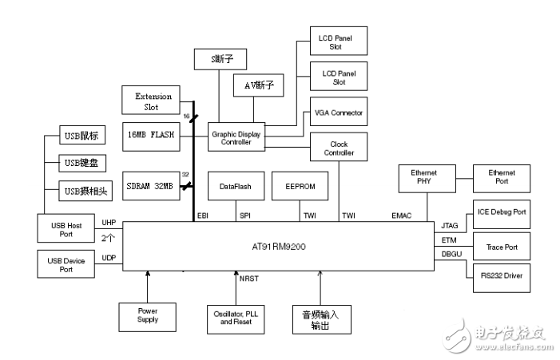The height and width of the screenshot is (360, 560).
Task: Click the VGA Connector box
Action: click(339, 111)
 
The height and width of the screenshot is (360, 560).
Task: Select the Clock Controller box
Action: click(339, 147)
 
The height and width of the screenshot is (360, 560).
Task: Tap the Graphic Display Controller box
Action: click(236, 137)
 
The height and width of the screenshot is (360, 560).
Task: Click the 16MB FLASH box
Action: click(151, 136)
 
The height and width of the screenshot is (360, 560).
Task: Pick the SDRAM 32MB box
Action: click(151, 186)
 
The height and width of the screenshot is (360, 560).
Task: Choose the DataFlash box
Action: click(236, 186)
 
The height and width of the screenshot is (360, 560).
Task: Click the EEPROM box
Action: click(300, 186)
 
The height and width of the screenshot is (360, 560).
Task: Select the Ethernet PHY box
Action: click(427, 178)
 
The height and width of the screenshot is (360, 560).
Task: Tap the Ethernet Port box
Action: click(502, 178)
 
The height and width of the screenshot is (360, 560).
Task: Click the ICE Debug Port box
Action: click(502, 214)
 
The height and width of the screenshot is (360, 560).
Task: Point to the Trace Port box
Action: click(502, 246)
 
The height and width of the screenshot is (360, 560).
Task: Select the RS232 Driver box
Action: click(502, 278)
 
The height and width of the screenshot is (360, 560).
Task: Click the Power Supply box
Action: click(148, 317)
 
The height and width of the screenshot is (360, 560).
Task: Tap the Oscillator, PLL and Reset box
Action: click(236, 319)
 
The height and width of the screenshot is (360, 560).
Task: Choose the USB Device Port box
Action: click(66, 264)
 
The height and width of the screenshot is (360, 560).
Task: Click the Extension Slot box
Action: click(151, 100)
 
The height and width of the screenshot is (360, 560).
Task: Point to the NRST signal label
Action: click(249, 279)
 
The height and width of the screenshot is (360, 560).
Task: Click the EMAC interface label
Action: click(402, 216)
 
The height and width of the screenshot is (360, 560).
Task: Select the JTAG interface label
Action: click(449, 225)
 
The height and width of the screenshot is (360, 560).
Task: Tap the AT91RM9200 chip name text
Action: click(279, 247)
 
